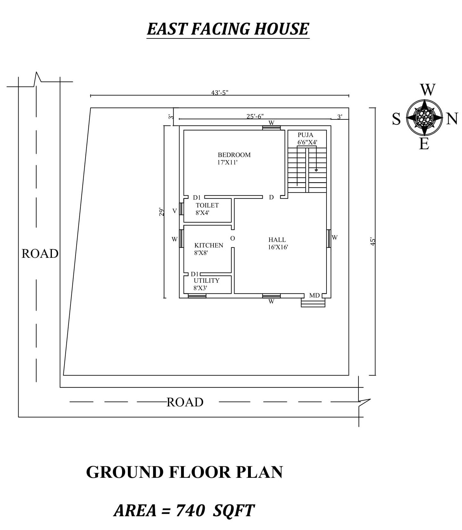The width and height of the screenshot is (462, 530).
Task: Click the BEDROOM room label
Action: (x=234, y=155)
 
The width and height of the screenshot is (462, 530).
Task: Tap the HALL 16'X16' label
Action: (x=278, y=243)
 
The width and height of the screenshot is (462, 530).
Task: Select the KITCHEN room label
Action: (x=209, y=245)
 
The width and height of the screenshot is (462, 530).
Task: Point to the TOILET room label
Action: (x=207, y=205)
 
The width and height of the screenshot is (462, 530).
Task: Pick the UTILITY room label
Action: (x=207, y=281)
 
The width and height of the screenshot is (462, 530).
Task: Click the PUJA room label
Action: (x=305, y=135)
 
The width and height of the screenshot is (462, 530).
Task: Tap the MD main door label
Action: (x=314, y=295)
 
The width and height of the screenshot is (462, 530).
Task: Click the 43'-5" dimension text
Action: (x=219, y=93)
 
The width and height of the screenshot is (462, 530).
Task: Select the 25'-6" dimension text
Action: (x=255, y=116)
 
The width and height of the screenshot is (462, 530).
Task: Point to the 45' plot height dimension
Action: (x=373, y=241)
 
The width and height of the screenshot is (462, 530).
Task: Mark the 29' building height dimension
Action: (x=162, y=212)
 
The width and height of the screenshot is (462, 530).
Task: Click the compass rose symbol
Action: (x=425, y=118)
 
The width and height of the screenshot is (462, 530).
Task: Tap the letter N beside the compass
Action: (x=452, y=119)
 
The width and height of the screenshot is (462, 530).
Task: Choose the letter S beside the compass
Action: (x=396, y=119)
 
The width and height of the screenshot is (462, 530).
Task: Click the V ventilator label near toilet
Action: (x=175, y=211)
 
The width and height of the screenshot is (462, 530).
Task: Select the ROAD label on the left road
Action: (x=40, y=254)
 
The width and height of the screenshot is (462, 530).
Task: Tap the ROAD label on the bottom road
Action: (x=185, y=402)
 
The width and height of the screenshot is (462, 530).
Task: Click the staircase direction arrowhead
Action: (x=316, y=170)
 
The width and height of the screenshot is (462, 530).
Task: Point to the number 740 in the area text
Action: (x=191, y=510)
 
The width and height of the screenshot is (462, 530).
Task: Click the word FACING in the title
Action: (x=221, y=29)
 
